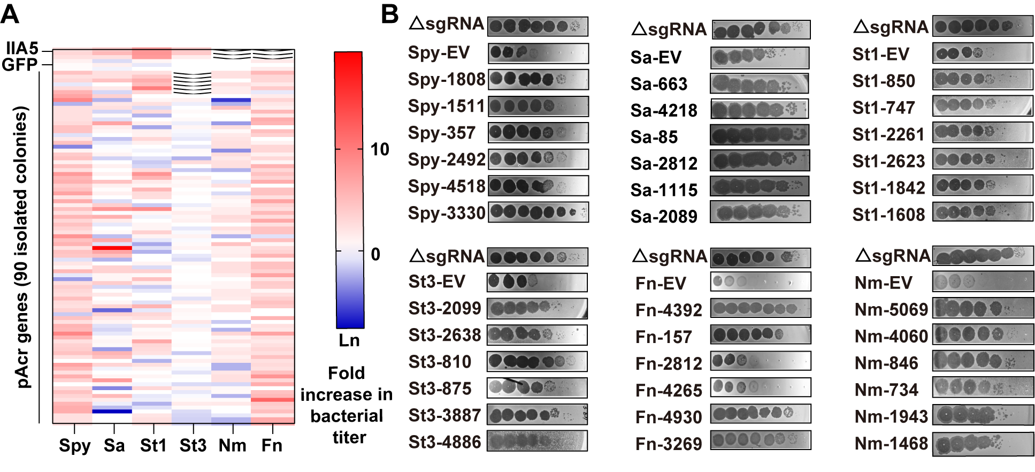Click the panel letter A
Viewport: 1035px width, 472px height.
point(10,14)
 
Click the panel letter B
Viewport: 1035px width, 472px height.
point(390,14)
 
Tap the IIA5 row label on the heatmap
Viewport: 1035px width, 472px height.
point(22,49)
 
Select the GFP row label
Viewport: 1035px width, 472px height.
point(20,65)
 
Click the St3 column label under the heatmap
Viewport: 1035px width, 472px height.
point(193,445)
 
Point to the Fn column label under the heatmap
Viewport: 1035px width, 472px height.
point(272,445)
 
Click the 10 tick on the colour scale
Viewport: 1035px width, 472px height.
point(380,149)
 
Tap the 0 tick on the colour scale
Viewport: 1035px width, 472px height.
point(375,254)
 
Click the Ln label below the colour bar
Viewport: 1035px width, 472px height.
point(349,340)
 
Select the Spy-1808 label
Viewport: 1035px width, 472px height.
point(446,80)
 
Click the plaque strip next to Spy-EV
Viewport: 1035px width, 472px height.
point(538,53)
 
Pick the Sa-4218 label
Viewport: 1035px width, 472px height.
point(664,110)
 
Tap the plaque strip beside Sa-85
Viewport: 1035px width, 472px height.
point(759,135)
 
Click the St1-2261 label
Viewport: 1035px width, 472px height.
point(888,134)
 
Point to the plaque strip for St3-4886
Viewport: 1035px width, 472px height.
point(537,441)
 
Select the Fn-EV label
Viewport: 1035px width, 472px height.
point(661,283)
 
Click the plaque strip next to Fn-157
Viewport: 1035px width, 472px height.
point(760,334)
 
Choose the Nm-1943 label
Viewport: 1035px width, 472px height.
point(891,416)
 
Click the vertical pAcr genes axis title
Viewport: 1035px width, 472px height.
point(21,247)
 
